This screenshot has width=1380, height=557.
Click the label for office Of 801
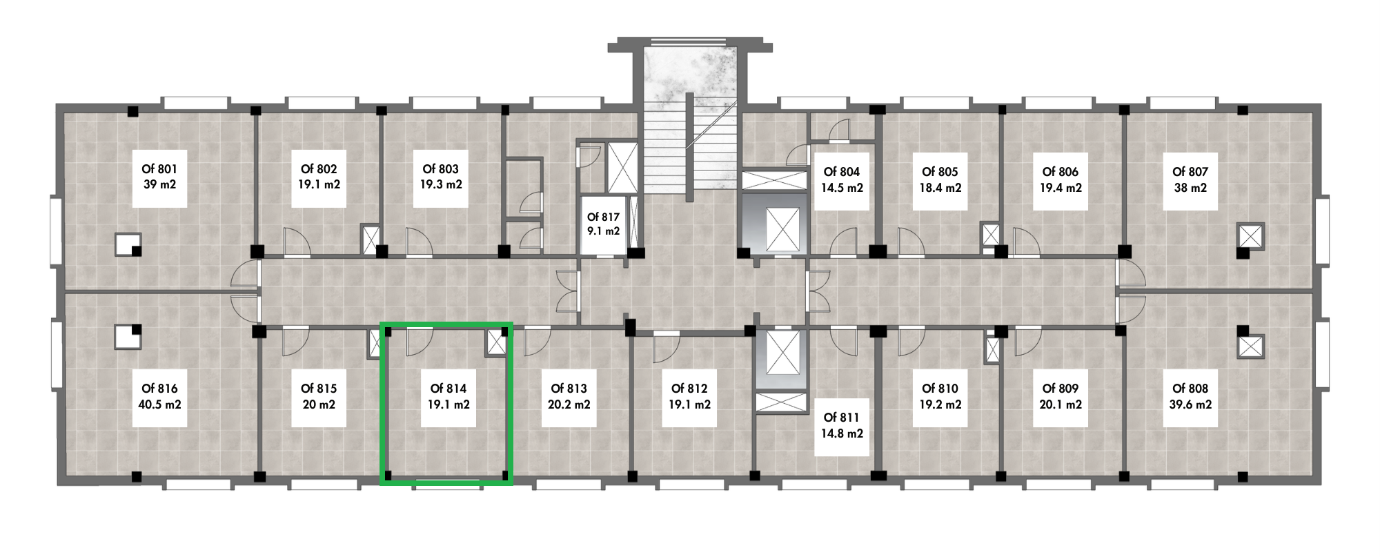(x=159, y=177)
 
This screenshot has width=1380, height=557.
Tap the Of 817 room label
(x=603, y=224)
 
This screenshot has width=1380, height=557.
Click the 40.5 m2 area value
(x=159, y=404)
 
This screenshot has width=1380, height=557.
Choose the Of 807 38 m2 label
(x=1190, y=179)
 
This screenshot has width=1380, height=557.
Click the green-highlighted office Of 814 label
(x=448, y=397)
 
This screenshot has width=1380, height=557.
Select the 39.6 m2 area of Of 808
(x=1190, y=404)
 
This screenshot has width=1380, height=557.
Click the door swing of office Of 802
(x=297, y=242)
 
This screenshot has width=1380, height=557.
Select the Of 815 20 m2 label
(x=319, y=397)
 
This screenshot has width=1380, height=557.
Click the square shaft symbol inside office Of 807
(x=1251, y=237)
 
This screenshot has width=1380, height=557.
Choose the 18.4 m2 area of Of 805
(x=940, y=187)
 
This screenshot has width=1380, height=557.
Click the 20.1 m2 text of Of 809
(x=1060, y=404)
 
